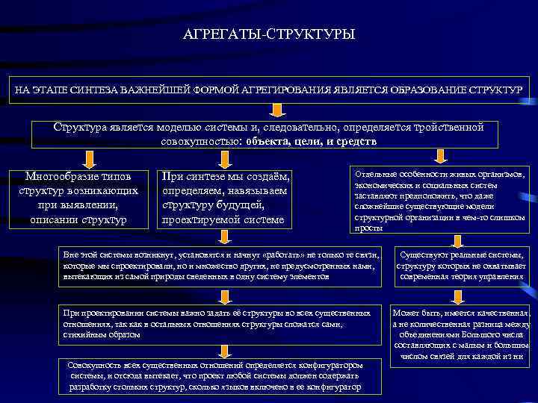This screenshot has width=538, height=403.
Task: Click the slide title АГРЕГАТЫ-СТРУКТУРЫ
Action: click(x=269, y=34)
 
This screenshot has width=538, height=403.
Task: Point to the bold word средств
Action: click(x=358, y=140)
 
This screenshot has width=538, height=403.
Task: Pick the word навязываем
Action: click(x=257, y=190)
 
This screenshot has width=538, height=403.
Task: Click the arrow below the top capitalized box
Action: click(x=276, y=110)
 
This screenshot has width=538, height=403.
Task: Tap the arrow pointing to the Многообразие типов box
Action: click(x=89, y=158)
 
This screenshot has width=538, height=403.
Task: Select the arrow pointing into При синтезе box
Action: click(x=223, y=158)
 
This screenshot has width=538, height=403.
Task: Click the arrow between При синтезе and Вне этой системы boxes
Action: click(x=223, y=237)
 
